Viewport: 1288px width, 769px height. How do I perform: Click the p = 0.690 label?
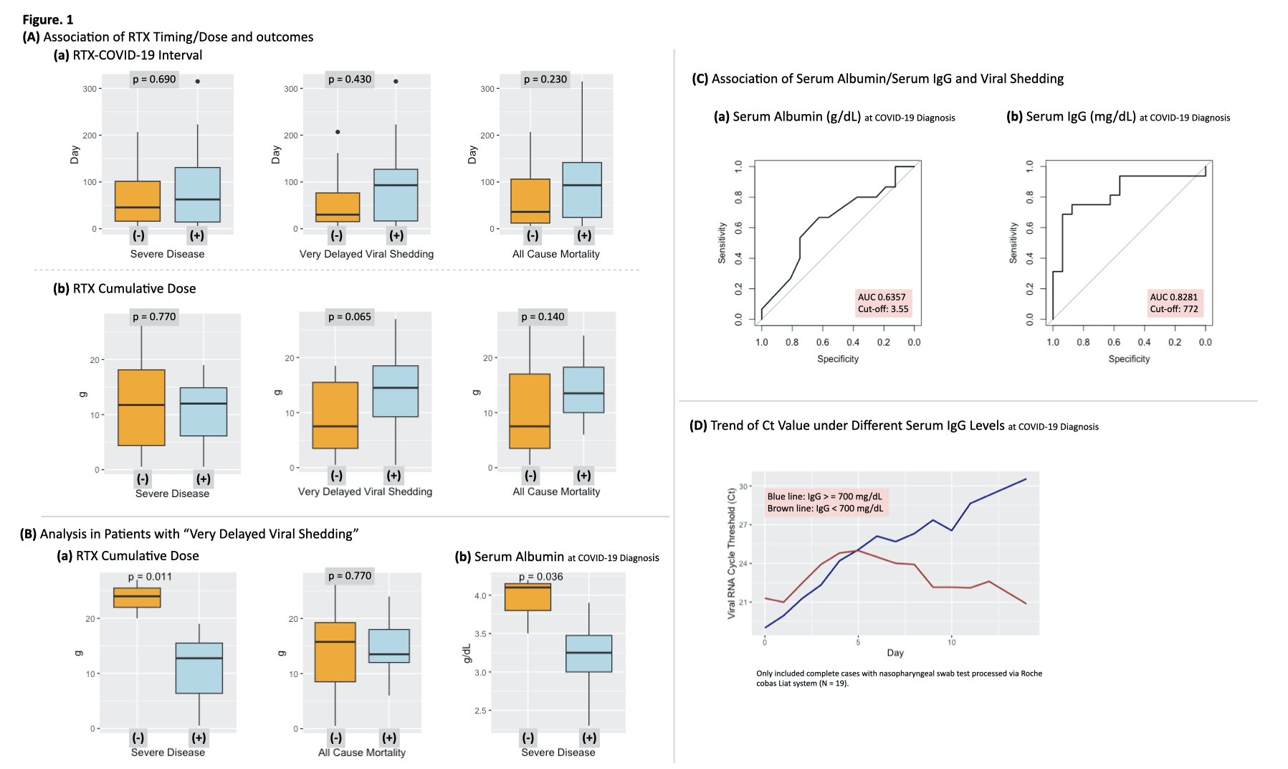pos(154,80)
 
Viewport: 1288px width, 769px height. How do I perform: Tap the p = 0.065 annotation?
pos(350,317)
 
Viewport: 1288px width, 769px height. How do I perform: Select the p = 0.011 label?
pos(150,577)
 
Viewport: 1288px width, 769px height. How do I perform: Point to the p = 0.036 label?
pos(540,577)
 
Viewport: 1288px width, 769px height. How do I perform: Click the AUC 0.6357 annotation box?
pos(882,303)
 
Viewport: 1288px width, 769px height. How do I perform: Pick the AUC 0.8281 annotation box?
pos(1174,303)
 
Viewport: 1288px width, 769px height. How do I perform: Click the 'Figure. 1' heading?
pos(48,20)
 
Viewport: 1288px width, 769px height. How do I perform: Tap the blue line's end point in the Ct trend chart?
pos(1026,479)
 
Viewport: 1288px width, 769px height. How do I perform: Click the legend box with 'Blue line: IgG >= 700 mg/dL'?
pos(825,502)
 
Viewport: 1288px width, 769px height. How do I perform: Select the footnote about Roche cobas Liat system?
pos(899,678)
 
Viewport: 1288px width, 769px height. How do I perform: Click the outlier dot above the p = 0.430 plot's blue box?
pos(396,82)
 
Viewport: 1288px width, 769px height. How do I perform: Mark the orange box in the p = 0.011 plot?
pos(137,598)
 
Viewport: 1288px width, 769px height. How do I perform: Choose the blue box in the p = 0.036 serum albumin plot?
pos(588,653)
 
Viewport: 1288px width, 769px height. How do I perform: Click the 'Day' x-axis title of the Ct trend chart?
pos(895,653)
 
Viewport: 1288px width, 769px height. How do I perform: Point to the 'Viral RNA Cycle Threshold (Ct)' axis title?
pos(731,552)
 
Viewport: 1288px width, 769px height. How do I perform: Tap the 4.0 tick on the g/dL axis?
pos(480,595)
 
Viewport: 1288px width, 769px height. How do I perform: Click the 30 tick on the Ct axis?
pos(743,486)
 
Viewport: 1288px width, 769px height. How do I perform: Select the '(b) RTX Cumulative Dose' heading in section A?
pos(125,289)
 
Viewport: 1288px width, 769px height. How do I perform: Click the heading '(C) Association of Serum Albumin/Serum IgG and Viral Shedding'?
pos(877,79)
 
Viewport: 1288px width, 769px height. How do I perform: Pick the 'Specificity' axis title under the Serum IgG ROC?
pos(1129,359)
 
